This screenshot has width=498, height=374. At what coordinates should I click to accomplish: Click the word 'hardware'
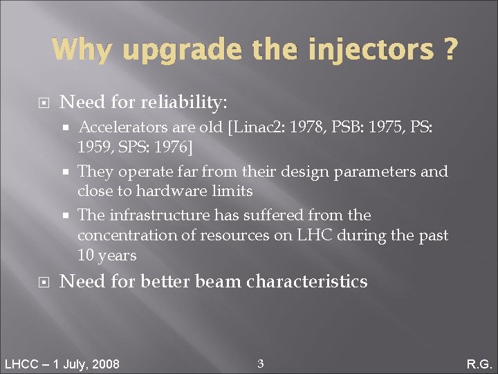[x=170, y=190]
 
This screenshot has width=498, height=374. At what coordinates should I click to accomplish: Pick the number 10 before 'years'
[x=86, y=256]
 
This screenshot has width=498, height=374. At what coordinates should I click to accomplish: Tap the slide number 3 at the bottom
[x=260, y=363]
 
